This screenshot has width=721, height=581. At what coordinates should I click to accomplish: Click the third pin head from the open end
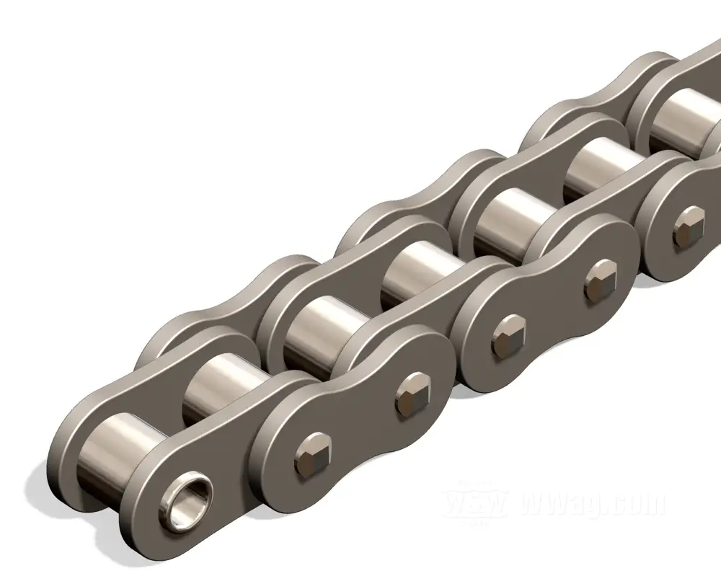tap(508, 333)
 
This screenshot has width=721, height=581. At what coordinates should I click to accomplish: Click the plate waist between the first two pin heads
tap(360, 425)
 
